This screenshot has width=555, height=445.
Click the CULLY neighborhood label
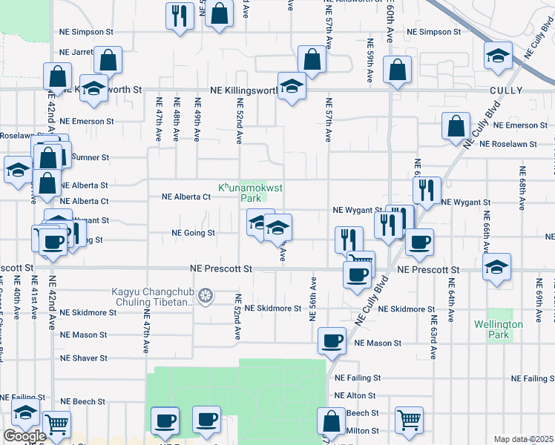(505, 90)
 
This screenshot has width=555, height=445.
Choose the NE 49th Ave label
(197, 119)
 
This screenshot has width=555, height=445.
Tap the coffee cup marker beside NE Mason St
(332, 340)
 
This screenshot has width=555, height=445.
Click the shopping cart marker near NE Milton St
(409, 420)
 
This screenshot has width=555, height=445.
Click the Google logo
(24, 436)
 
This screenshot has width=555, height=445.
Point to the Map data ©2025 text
(523, 439)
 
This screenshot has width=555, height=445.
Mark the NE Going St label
(193, 233)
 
